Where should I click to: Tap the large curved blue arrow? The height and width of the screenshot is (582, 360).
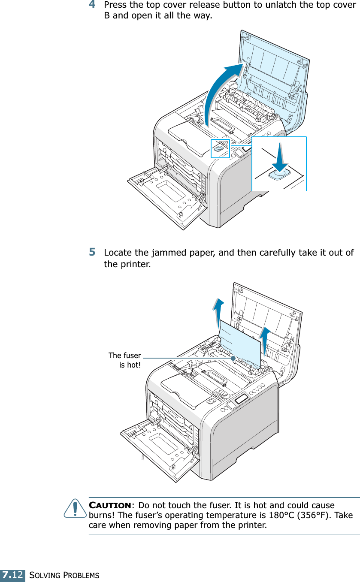219,90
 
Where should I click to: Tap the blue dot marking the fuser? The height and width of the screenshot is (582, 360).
233,357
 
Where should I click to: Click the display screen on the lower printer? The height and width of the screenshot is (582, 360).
242,399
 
